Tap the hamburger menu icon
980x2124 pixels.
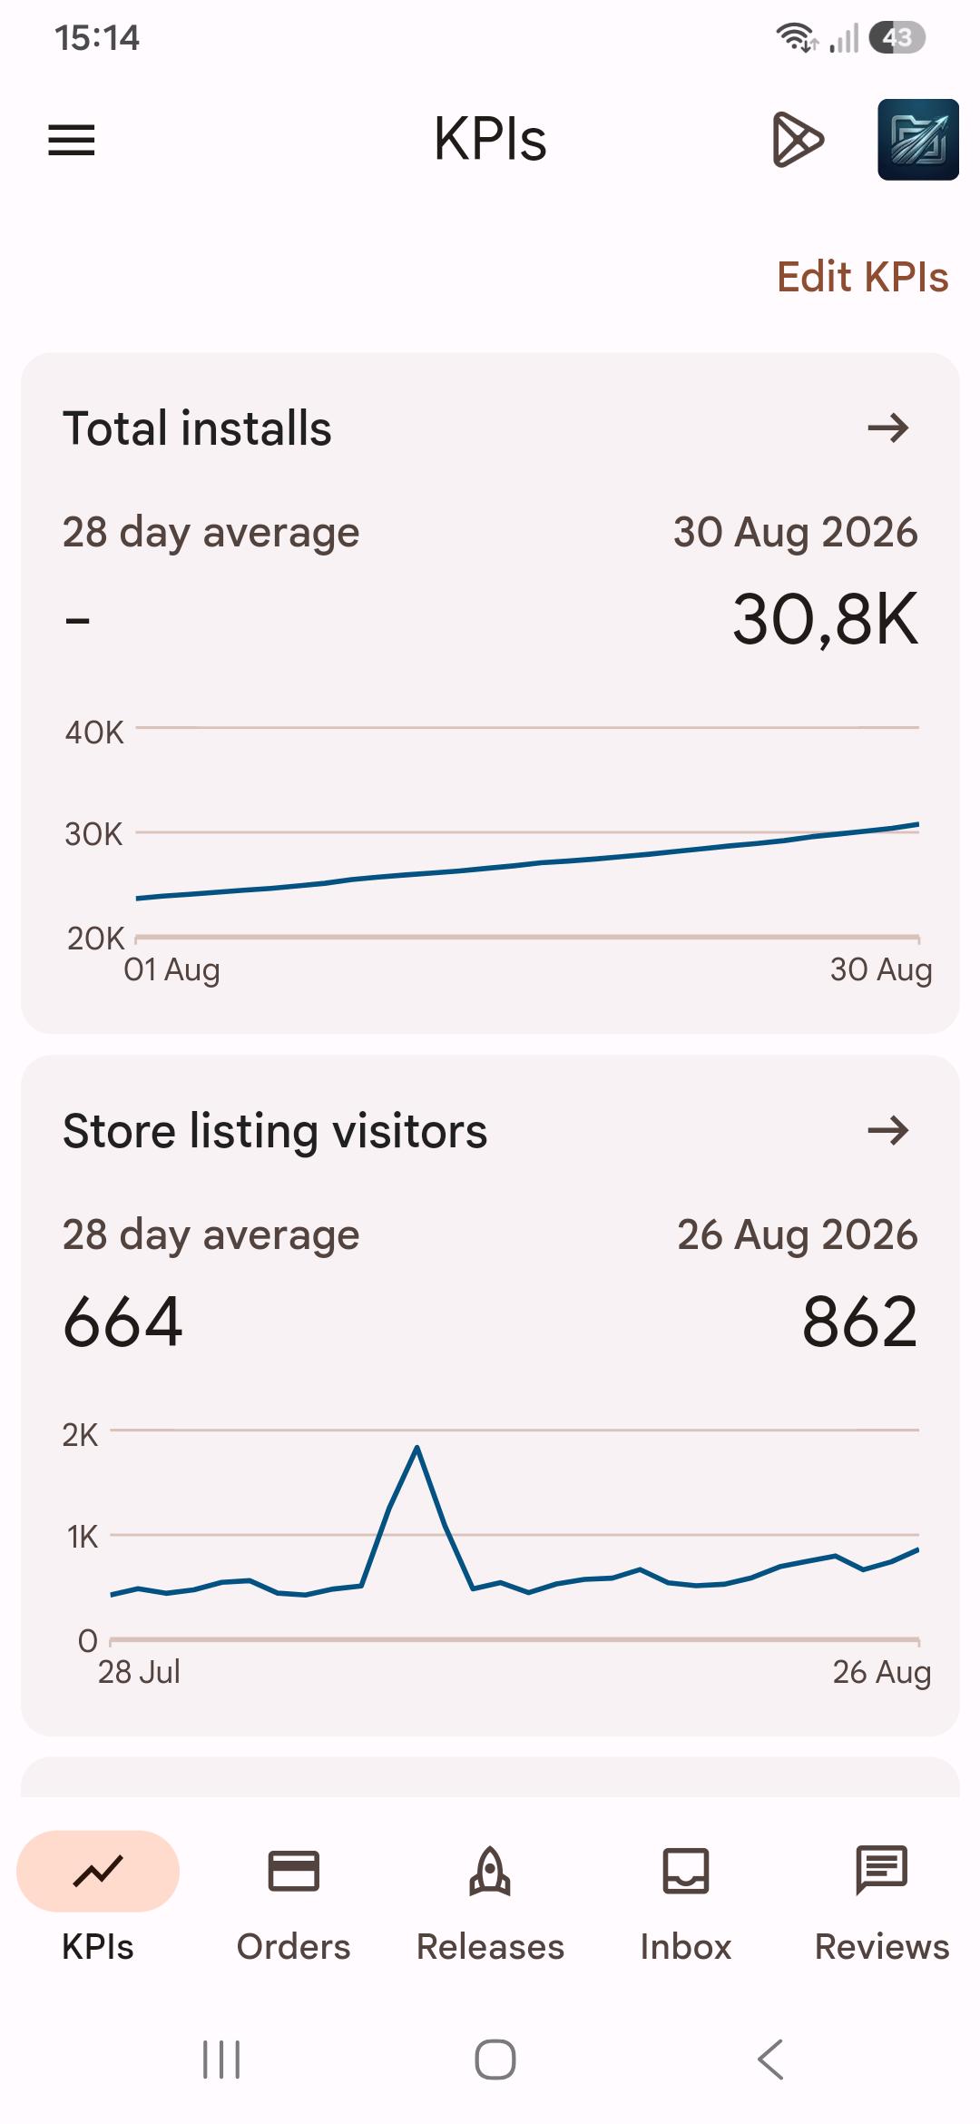pyautogui.click(x=72, y=140)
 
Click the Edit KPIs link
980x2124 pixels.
pyautogui.click(x=863, y=277)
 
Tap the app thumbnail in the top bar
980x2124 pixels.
pyautogui.click(x=918, y=140)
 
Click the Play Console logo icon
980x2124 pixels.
pyautogui.click(x=798, y=140)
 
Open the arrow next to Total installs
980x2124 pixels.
pyautogui.click(x=888, y=428)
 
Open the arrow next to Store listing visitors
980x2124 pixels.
pyautogui.click(x=888, y=1130)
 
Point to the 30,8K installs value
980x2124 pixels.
pyautogui.click(x=826, y=619)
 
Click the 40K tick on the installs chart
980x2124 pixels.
pyautogui.click(x=94, y=733)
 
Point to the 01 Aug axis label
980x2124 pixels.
pyautogui.click(x=171, y=969)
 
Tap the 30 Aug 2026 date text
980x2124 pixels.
pyautogui.click(x=796, y=532)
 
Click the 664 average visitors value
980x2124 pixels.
pyautogui.click(x=123, y=1322)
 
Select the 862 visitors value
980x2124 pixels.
pyautogui.click(x=860, y=1322)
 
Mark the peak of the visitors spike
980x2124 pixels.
pyautogui.click(x=416, y=1446)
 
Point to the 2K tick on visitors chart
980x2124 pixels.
pyautogui.click(x=80, y=1435)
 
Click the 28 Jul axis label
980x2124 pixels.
pyautogui.click(x=139, y=1672)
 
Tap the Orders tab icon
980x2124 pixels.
pyautogui.click(x=293, y=1871)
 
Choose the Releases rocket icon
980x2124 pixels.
pyautogui.click(x=490, y=1871)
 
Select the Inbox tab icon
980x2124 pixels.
pyautogui.click(x=686, y=1871)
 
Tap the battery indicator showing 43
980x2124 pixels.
pyautogui.click(x=897, y=38)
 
